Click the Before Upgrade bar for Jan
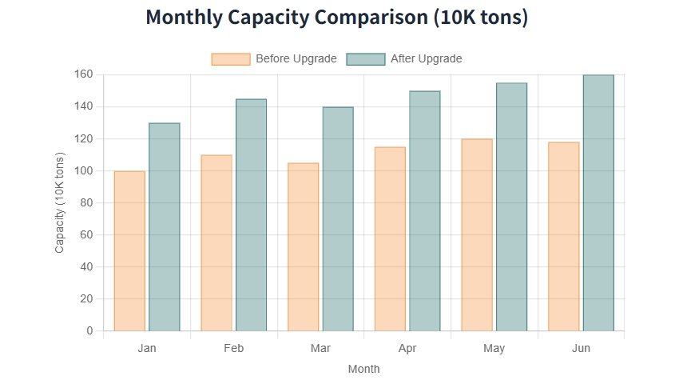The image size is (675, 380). [x=129, y=250]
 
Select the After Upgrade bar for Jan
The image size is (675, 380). [x=165, y=226]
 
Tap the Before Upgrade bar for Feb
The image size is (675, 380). [x=216, y=242]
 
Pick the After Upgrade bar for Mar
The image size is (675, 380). [x=338, y=218]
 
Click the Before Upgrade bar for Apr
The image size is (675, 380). [x=390, y=238]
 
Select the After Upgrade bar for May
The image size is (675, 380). [x=511, y=206]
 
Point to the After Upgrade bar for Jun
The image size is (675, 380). [x=598, y=202]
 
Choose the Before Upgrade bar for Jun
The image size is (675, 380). [x=564, y=236]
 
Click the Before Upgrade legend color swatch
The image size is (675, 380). [x=230, y=58]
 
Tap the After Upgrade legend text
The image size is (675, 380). [x=426, y=58]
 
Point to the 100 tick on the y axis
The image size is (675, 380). [x=84, y=171]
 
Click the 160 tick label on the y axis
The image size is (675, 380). [x=84, y=74]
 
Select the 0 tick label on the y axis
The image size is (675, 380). [x=89, y=331]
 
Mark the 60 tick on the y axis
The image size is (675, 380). [x=86, y=235]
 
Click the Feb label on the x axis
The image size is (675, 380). [x=234, y=349]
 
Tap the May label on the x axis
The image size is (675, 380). [x=494, y=349]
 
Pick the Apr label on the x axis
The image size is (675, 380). [x=407, y=349]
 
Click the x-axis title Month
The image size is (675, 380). [x=363, y=369]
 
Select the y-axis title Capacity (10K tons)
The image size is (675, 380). [x=59, y=202]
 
